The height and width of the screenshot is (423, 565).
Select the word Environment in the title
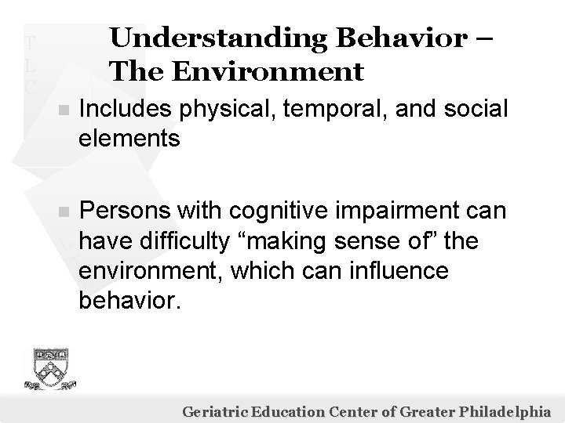(282, 72)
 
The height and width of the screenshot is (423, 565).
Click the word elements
(129, 139)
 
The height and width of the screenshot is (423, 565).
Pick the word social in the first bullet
(468, 111)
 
